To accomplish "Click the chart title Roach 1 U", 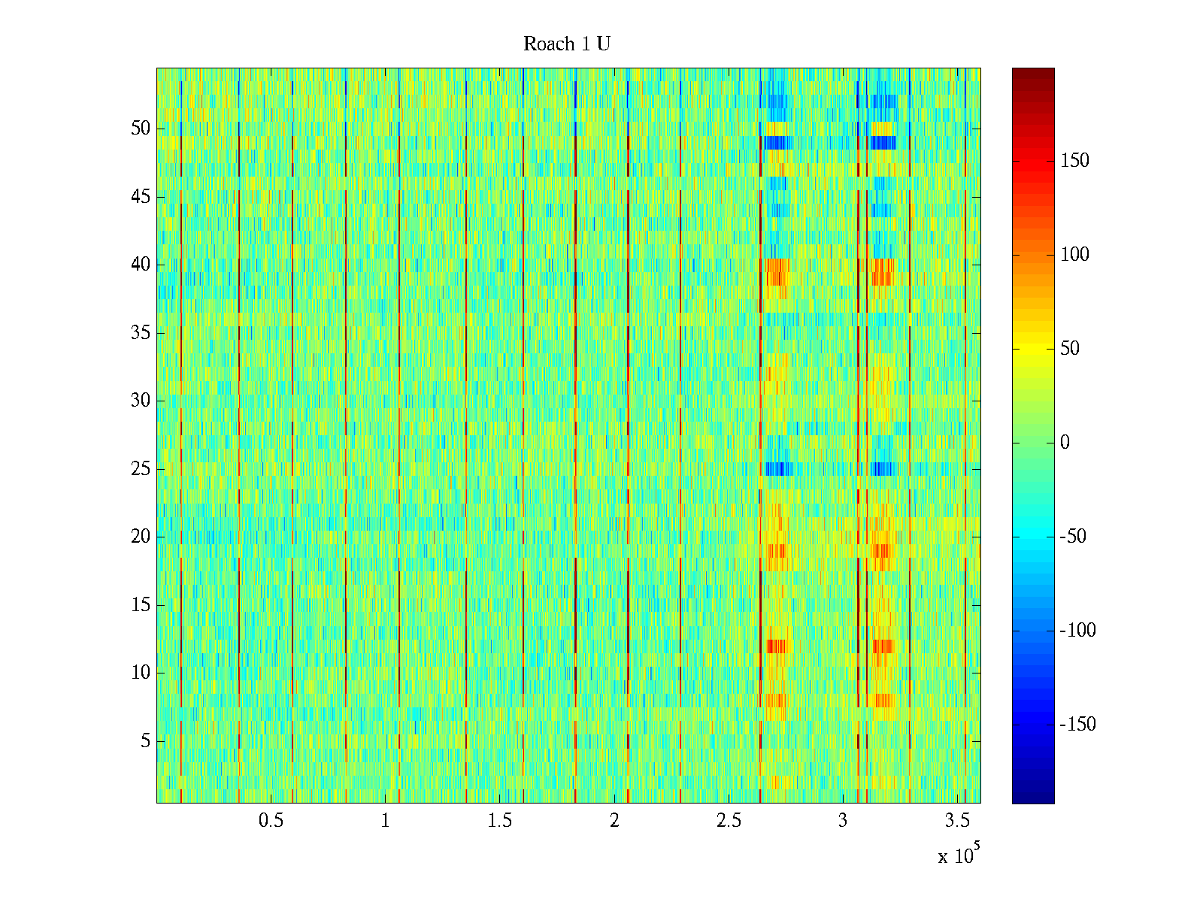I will pyautogui.click(x=566, y=44).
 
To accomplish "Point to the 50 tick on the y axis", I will pyautogui.click(x=141, y=129).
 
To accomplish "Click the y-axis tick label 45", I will pyautogui.click(x=141, y=197).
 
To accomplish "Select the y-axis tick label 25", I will pyautogui.click(x=141, y=469).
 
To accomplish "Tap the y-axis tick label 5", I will pyautogui.click(x=145, y=741).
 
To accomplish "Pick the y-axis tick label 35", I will pyautogui.click(x=141, y=333).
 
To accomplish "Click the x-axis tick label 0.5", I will pyautogui.click(x=271, y=821).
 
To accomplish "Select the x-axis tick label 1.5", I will pyautogui.click(x=499, y=821).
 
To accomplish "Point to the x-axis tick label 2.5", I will pyautogui.click(x=729, y=821).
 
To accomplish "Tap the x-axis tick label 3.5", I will pyautogui.click(x=957, y=821).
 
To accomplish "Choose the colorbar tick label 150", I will pyautogui.click(x=1074, y=161).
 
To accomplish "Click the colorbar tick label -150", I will pyautogui.click(x=1077, y=725).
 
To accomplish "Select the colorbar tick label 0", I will pyautogui.click(x=1065, y=443).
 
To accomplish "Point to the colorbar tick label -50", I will pyautogui.click(x=1073, y=537).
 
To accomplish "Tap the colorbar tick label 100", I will pyautogui.click(x=1074, y=255).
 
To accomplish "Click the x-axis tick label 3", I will pyautogui.click(x=843, y=821).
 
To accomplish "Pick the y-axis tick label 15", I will pyautogui.click(x=141, y=605).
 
